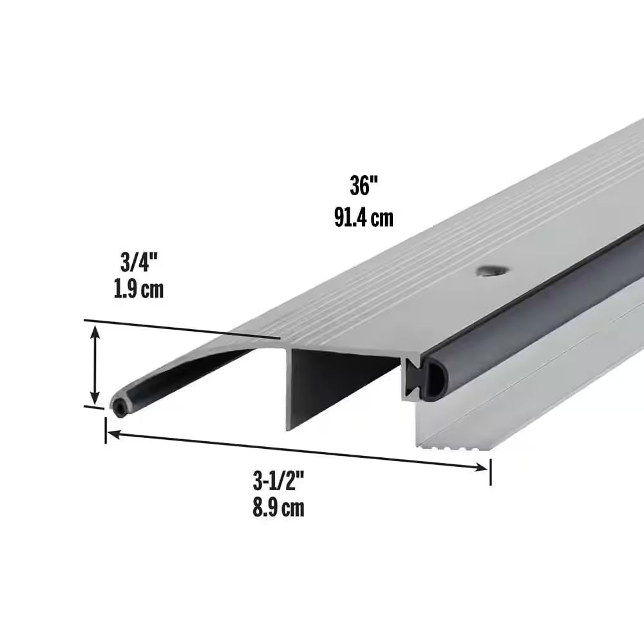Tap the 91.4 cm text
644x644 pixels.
pyautogui.click(x=363, y=218)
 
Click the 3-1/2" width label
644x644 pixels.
pyautogui.click(x=278, y=480)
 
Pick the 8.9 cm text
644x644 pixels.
pyautogui.click(x=278, y=509)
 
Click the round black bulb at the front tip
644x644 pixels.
pyautogui.click(x=119, y=406)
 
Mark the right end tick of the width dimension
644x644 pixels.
pyautogui.click(x=491, y=472)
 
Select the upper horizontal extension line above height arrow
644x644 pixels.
pyautogui.click(x=180, y=327)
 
